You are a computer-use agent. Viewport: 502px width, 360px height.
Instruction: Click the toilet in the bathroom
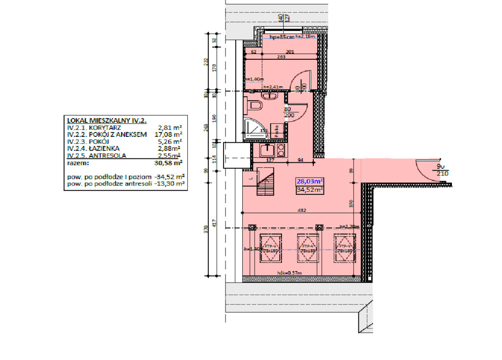(254, 105)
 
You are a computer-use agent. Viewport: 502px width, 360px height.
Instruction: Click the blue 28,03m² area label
(309, 181)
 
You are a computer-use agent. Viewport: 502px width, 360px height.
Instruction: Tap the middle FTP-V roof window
(307, 248)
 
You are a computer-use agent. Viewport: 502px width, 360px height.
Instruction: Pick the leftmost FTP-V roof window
(270, 248)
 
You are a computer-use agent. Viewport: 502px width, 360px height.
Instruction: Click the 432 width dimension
(302, 210)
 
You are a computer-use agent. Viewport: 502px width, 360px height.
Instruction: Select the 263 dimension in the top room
(281, 57)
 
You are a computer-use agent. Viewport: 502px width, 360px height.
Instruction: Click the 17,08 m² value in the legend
(168, 134)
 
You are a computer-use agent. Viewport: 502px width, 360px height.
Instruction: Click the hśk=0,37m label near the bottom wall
(289, 273)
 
